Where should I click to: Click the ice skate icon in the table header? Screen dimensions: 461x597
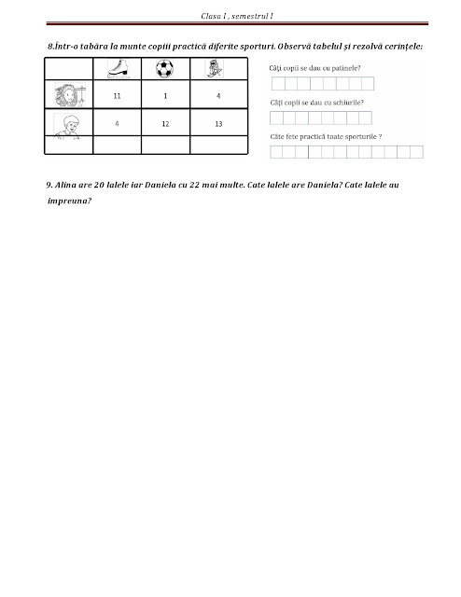[x=118, y=68]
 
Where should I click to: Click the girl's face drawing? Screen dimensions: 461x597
[x=68, y=95]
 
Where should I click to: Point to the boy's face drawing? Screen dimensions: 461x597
[x=68, y=123]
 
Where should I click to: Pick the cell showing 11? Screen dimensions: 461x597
[x=118, y=96]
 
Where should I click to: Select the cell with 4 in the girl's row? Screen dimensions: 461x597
[x=217, y=96]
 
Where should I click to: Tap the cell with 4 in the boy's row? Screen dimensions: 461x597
[x=117, y=123]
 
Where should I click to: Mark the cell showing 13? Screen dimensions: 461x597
[x=217, y=123]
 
